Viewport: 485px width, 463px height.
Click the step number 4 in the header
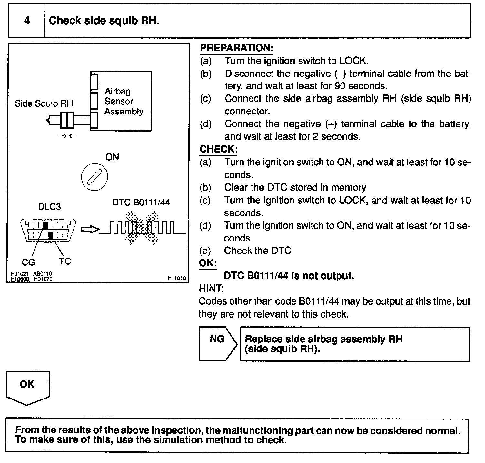27,21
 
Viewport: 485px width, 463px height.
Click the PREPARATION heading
236,48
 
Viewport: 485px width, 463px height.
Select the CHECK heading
218,149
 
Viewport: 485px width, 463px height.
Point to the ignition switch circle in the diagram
94,177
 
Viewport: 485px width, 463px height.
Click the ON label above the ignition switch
112,157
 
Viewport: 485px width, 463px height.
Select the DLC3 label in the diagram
49,206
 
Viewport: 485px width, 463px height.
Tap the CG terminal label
28,262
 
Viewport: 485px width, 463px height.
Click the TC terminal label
65,261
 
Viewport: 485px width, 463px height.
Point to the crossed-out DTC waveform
142,228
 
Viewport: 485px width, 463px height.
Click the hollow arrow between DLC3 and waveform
90,229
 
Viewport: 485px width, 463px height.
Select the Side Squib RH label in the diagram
44,103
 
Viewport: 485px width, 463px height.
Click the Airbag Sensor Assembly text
124,101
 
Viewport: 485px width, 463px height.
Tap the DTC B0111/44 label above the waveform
141,202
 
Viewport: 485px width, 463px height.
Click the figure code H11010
177,278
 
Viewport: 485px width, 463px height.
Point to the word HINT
211,288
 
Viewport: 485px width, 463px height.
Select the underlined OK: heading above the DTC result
207,263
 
